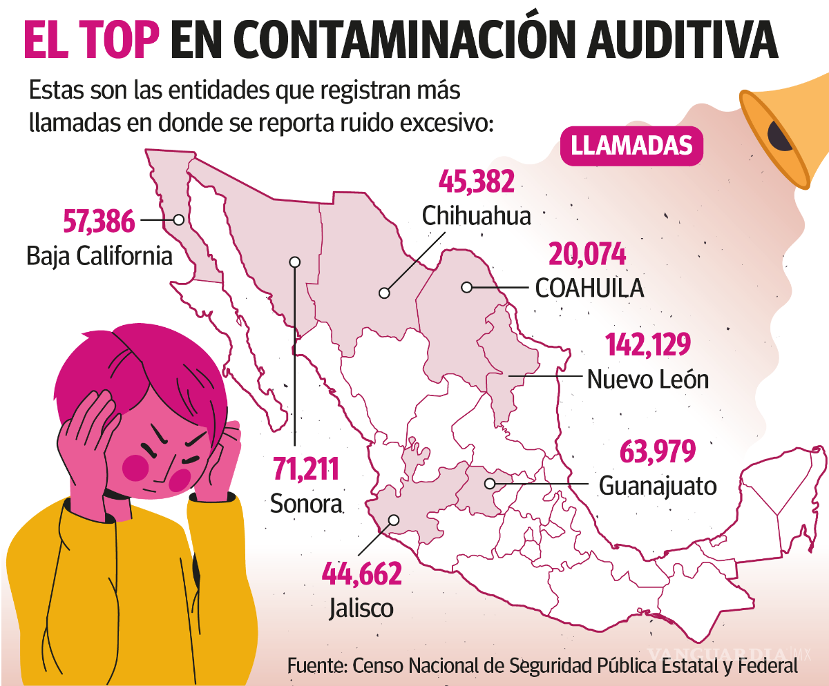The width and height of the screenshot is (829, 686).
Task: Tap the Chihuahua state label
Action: (477, 215)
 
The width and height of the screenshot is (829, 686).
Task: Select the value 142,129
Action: (648, 345)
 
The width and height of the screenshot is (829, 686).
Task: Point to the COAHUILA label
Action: (589, 288)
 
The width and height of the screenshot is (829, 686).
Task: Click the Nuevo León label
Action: (647, 379)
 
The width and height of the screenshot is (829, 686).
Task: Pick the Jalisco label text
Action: (361, 608)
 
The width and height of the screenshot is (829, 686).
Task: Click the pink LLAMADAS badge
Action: (631, 146)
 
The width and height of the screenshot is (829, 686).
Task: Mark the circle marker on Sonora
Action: (295, 262)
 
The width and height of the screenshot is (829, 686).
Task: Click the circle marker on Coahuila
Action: (467, 287)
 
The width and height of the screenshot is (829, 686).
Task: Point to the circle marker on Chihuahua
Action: (384, 293)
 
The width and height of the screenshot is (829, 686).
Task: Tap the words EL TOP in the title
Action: (92, 40)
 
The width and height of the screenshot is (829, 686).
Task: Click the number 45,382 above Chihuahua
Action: (477, 182)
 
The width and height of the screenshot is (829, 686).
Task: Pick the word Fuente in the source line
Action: (316, 667)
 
